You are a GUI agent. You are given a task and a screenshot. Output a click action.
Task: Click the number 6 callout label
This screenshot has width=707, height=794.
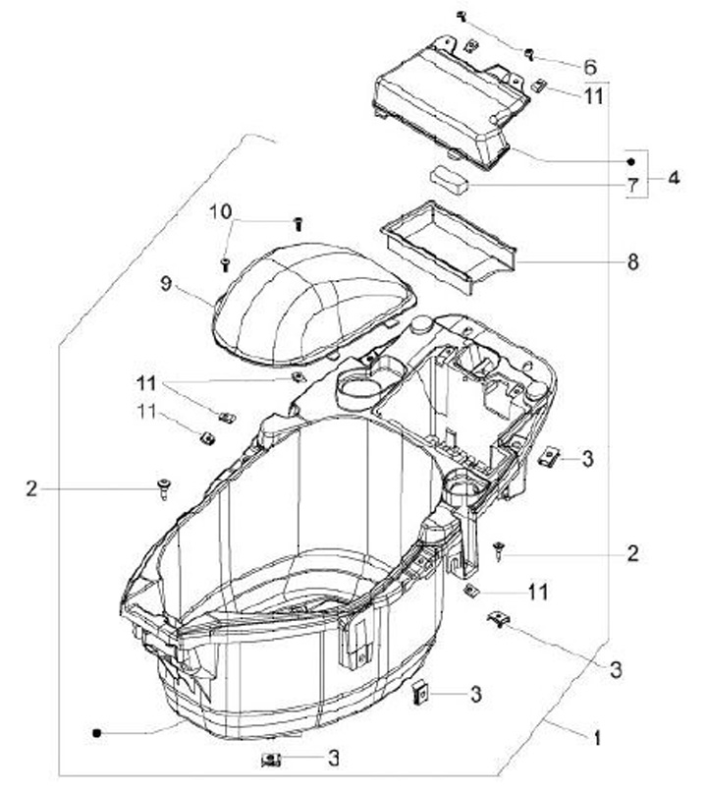590,67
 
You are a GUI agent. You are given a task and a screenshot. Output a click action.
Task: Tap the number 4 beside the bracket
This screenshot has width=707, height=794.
674,178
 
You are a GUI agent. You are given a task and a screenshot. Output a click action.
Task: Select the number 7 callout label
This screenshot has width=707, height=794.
632,186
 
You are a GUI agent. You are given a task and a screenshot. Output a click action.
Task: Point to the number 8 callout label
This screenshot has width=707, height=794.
633,261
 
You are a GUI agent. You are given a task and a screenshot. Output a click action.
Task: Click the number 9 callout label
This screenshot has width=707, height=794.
166,283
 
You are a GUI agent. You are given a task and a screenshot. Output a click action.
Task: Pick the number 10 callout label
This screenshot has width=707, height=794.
221,211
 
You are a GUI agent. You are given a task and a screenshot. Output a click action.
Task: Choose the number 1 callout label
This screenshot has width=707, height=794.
597,738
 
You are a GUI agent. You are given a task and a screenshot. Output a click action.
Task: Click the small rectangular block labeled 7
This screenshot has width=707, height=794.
449,180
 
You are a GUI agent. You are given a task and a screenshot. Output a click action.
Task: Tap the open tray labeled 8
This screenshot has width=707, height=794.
450,247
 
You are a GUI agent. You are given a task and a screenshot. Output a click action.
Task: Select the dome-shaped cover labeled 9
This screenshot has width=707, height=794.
315,305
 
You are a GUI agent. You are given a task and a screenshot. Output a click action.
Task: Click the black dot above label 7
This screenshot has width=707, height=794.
630,162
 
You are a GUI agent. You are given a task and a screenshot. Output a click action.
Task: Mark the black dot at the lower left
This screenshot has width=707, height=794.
96,733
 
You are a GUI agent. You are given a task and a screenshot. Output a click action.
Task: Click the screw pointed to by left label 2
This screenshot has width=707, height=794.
164,488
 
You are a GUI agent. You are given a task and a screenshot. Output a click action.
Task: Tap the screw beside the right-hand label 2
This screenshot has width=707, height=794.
499,550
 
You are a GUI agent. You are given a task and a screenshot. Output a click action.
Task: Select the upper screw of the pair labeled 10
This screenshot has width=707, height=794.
299,224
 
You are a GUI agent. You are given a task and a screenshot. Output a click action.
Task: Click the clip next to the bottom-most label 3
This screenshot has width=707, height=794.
271,760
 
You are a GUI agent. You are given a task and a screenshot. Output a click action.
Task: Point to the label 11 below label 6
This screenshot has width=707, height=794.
594,95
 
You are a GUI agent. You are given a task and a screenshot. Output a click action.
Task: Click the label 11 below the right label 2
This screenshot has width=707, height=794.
538,592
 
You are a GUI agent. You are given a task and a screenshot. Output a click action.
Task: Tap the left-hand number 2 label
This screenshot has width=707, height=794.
31,488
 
